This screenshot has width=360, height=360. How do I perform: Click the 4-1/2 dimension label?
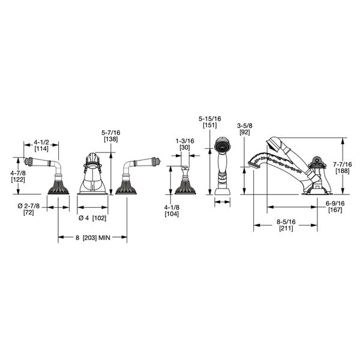pos(41,142)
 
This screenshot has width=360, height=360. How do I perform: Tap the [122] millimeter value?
pos(18,179)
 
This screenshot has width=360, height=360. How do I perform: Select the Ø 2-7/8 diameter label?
pos(28,206)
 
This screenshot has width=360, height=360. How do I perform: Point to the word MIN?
pos(104,238)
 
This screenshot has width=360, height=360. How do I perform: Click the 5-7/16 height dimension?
pos(111,133)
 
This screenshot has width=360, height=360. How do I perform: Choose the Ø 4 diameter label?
pos(83,218)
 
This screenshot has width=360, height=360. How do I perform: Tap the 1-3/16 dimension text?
pos(185,141)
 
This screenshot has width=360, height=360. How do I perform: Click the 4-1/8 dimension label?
pos(172,208)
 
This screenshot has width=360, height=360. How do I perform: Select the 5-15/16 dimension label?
pos(210,118)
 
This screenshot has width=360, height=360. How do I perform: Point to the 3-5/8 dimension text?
pos(245,125)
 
